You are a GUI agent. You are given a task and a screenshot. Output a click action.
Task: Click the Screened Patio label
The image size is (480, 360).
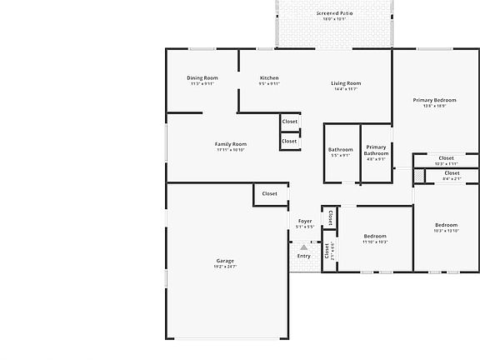click(336, 14)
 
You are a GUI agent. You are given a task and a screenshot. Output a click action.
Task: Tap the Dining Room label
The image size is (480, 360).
click(202, 78)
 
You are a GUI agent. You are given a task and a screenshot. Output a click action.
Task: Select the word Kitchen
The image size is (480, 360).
click(269, 78)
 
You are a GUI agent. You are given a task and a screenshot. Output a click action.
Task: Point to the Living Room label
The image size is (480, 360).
click(346, 83)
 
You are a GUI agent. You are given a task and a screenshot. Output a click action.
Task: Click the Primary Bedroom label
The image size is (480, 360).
click(434, 100)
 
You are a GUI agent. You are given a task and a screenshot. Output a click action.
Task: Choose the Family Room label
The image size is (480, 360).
click(231, 144)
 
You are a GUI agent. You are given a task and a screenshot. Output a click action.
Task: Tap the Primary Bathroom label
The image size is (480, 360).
click(376, 150)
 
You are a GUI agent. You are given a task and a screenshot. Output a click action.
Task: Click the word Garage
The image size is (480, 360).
click(225, 261)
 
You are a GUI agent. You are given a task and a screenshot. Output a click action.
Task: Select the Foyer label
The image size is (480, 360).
click(305, 221)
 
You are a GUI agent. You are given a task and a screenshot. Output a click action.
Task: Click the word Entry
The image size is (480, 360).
click(304, 256)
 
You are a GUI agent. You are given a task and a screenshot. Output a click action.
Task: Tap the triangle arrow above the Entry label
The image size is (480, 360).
click(304, 247)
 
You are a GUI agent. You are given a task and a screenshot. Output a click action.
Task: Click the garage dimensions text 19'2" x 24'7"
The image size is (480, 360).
click(225, 267)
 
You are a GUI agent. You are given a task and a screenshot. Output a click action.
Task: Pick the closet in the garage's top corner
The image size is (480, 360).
click(269, 194)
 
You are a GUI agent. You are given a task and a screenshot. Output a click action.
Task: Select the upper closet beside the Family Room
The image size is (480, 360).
click(289, 122)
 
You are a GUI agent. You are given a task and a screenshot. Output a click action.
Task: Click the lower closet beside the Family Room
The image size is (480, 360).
click(289, 142)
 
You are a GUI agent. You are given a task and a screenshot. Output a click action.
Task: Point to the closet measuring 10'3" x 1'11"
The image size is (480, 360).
click(446, 158)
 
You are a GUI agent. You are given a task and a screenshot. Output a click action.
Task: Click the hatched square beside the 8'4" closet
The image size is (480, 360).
click(419, 175)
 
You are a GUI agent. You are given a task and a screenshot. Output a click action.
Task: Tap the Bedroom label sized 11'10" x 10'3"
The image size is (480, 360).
click(375, 237)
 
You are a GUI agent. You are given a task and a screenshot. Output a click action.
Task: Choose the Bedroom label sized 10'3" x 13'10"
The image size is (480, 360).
click(446, 225)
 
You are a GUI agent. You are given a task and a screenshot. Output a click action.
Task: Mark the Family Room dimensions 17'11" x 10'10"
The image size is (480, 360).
click(231, 150)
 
